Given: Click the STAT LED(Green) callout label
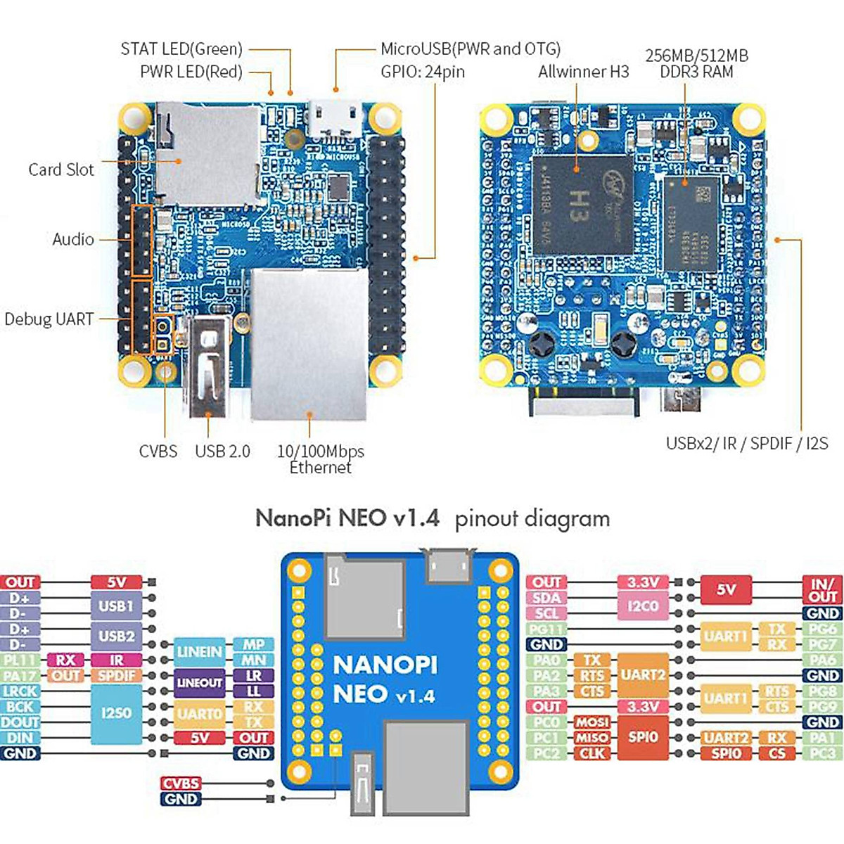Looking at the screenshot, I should tap(181, 49).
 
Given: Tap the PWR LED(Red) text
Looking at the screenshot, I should tap(191, 72).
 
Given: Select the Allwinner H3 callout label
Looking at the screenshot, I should tap(583, 71).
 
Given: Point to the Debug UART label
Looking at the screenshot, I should tap(49, 319).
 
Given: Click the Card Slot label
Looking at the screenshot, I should tap(61, 170).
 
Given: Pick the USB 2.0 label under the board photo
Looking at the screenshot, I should tap(222, 452).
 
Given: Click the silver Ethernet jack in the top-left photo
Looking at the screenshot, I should tap(309, 343).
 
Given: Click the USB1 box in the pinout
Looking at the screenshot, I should tap(116, 606).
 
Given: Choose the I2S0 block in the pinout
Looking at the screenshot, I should tap(116, 713).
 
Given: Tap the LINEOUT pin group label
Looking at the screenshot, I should tap(200, 682).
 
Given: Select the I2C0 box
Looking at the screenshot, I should tap(642, 606).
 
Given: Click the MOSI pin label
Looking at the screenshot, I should tap(592, 722).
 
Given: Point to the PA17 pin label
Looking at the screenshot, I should tap(20, 676).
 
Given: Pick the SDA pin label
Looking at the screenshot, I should tap(546, 598).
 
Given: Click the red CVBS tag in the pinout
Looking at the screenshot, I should tap(181, 784).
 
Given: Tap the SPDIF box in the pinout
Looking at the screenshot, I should tap(116, 676).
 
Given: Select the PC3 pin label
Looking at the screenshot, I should tap(822, 753).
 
